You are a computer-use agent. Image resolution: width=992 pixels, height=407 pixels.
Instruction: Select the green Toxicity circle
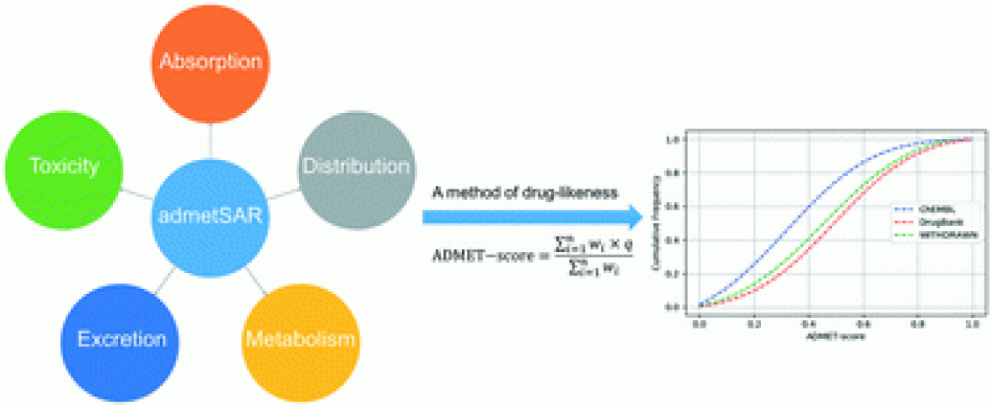pos(63,165)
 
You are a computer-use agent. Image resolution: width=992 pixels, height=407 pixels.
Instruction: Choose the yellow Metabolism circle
pos(300,339)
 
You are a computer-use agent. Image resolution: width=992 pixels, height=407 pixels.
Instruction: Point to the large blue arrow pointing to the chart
pos(532,217)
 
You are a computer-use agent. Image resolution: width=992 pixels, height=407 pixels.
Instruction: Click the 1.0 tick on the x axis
pos(973,324)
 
